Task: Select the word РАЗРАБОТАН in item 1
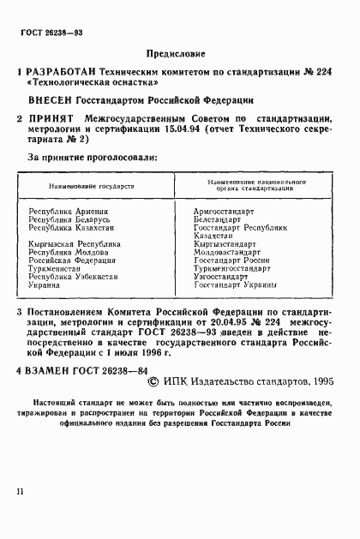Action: [64, 73]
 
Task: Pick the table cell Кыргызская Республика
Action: [74, 244]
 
